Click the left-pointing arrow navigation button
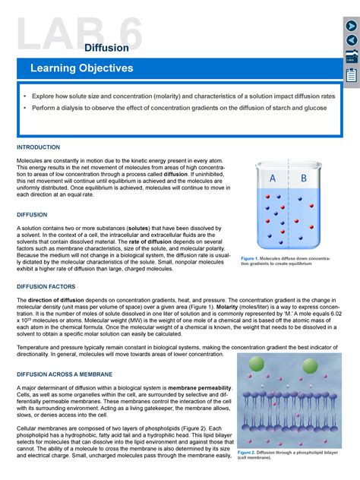coord(352,40)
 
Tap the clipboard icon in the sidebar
coord(352,74)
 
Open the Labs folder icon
coord(352,56)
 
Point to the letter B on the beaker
coord(303,179)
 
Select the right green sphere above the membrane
coord(310,365)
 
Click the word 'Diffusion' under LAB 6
coord(106,48)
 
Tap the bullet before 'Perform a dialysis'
coord(24,109)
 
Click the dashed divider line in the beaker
coord(288,205)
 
